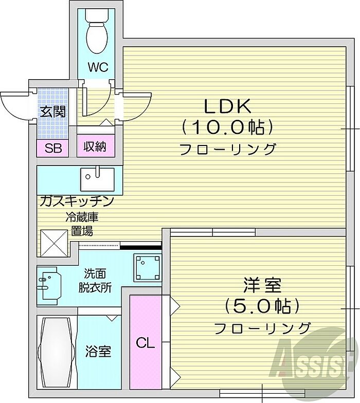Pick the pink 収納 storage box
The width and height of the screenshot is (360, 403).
point(96,148)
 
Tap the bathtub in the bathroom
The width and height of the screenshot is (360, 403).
point(56,352)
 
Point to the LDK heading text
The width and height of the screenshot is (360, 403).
point(227,106)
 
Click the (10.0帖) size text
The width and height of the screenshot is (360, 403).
point(227,126)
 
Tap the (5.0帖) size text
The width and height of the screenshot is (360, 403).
point(262,306)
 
